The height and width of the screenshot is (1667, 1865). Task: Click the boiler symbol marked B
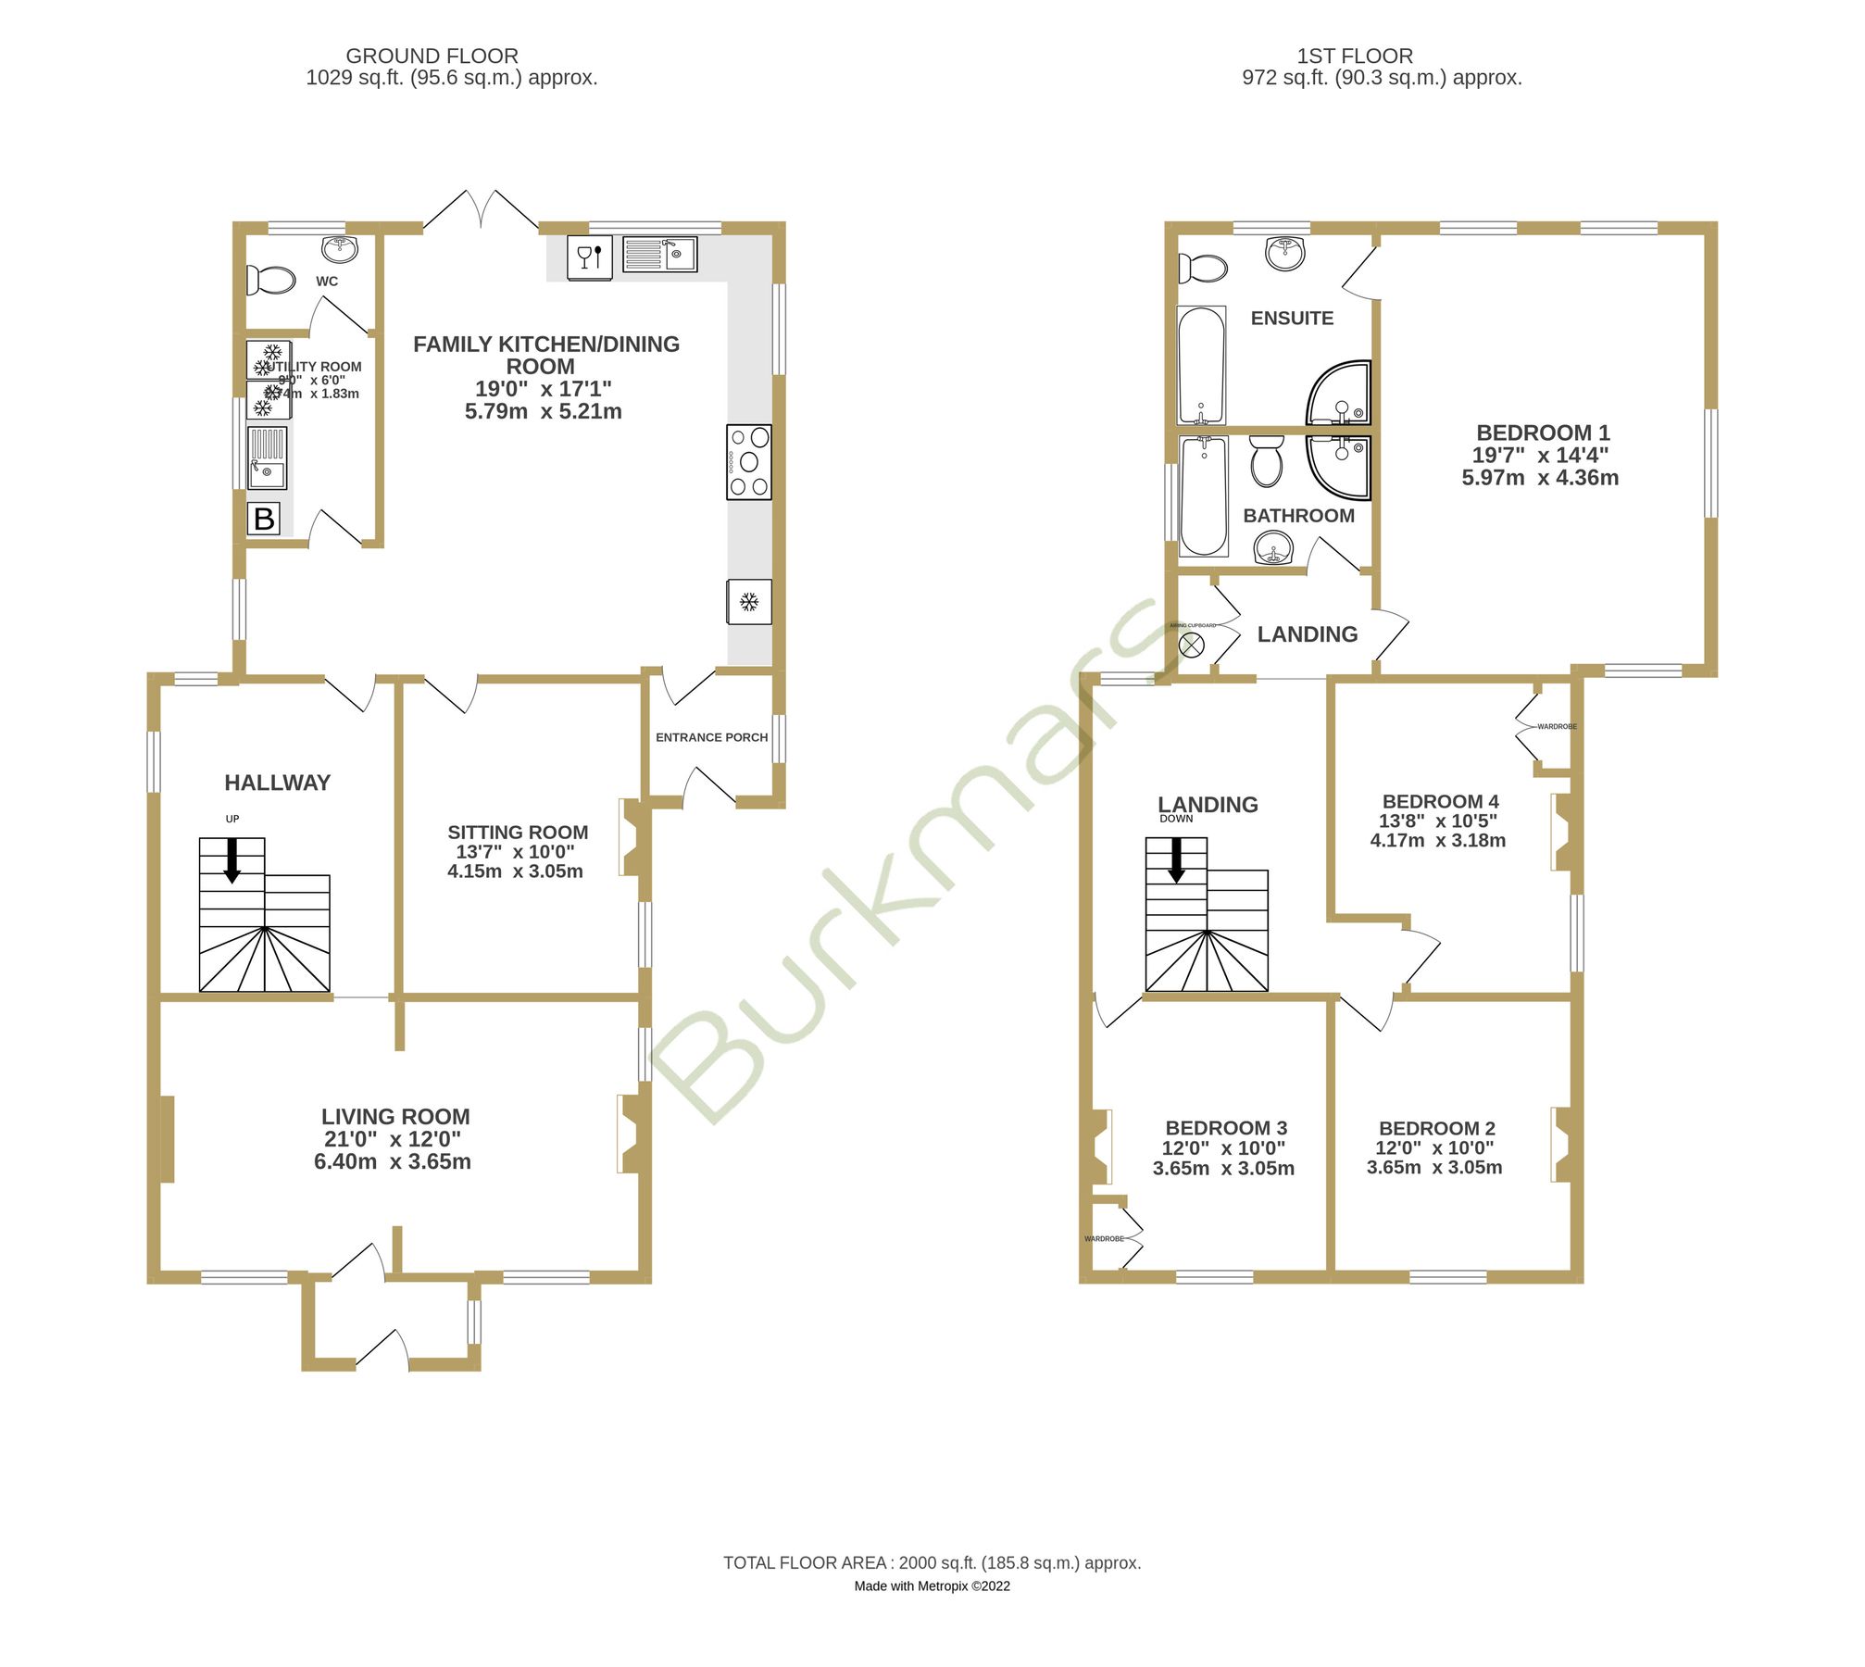(265, 520)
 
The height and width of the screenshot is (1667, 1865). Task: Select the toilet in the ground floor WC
(270, 280)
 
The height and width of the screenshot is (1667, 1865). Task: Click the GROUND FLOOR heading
(433, 56)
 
